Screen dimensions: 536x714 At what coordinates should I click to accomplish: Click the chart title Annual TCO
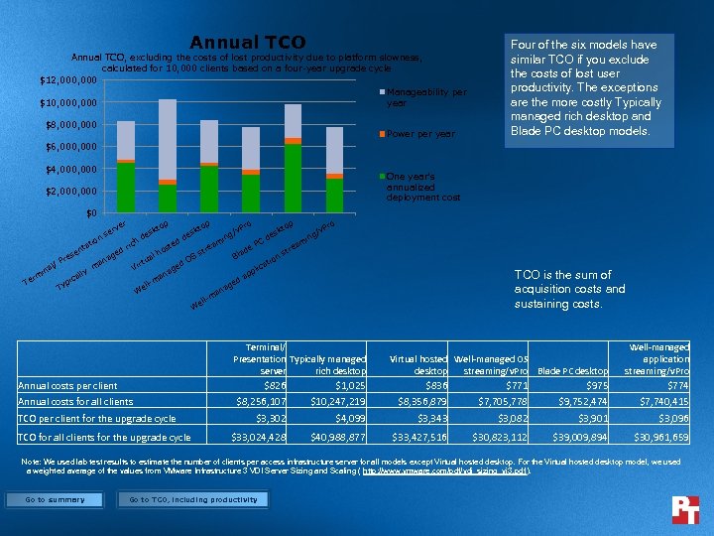(x=248, y=42)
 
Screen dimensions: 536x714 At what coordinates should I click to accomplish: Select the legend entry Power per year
(x=420, y=134)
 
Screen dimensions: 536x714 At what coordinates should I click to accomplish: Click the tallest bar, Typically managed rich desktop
(x=168, y=149)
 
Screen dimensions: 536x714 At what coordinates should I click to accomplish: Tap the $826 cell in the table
(x=274, y=385)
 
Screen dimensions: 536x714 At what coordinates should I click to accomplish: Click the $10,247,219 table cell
(x=338, y=401)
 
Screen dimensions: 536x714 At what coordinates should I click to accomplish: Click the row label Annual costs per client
(x=68, y=385)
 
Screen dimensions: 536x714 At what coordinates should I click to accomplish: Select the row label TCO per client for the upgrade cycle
(x=97, y=418)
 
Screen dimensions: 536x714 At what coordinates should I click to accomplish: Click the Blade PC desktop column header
(x=573, y=371)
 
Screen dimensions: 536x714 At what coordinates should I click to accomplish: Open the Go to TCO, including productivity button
(x=193, y=499)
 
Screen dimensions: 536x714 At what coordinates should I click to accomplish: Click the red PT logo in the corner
(x=685, y=509)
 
